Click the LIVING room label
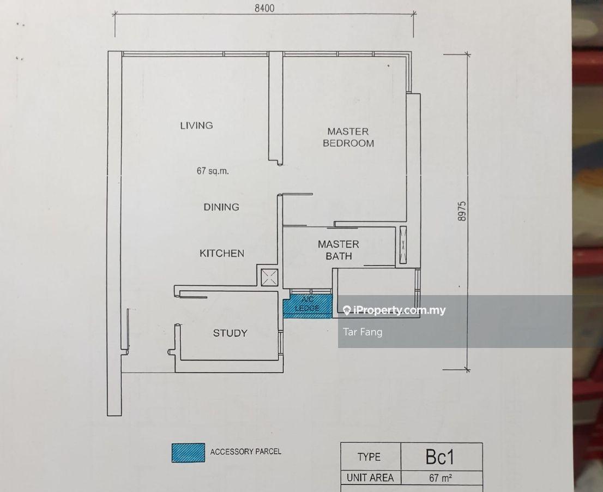coord(196,125)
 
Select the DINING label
coord(221,207)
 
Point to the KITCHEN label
coord(221,253)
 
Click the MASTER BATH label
coord(339,250)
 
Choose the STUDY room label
coord(230,333)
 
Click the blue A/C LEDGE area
coord(307,306)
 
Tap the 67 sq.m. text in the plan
coord(213,171)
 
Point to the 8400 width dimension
coord(263,8)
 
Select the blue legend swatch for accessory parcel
coord(188,453)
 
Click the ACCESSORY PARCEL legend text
coord(246,452)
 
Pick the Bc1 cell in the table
coord(441,457)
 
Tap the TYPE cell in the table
coord(369,457)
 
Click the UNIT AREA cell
coord(370,478)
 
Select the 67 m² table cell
coord(441,478)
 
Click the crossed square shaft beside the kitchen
coord(269,278)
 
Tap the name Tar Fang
coord(363,332)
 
